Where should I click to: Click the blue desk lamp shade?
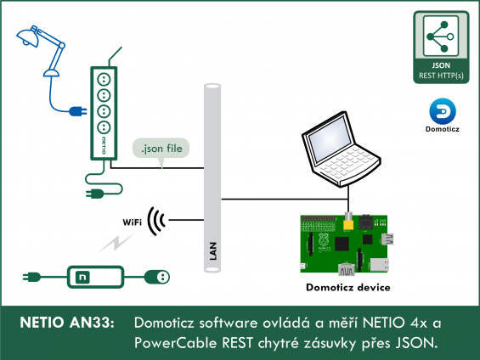[x=26, y=37]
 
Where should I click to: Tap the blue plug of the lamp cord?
[x=77, y=111]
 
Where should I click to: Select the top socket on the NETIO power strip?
[x=104, y=80]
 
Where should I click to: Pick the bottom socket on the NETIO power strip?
[x=104, y=127]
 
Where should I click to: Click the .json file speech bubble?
[x=161, y=149]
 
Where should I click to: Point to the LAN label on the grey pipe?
[x=213, y=251]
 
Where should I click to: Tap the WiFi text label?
[x=133, y=222]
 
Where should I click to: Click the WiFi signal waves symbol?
[x=156, y=221]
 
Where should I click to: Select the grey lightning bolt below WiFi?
[x=116, y=243]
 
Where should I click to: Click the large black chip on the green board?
[x=342, y=244]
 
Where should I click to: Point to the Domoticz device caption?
[x=348, y=288]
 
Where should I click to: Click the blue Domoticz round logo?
[x=443, y=111]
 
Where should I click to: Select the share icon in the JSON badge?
[x=441, y=37]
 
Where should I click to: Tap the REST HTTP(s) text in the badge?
[x=441, y=76]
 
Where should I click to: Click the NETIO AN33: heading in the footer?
[x=67, y=323]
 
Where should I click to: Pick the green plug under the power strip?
[x=95, y=194]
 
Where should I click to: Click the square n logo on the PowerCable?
[x=82, y=277]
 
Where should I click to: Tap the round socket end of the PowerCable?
[x=157, y=277]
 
